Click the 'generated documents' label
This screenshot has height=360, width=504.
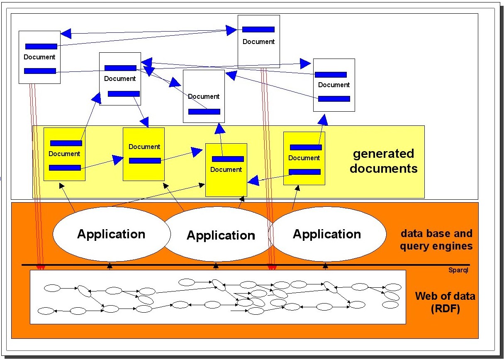tap(383, 161)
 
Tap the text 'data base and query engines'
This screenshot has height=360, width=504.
tap(436, 240)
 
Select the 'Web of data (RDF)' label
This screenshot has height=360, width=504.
tap(445, 303)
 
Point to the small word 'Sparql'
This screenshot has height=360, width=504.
tap(458, 270)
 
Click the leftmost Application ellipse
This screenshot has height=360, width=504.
tap(111, 234)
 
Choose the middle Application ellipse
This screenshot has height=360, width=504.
tap(221, 235)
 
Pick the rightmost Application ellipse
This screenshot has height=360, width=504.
tap(327, 234)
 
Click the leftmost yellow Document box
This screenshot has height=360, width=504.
tap(64, 154)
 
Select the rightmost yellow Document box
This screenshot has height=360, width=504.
tap(304, 158)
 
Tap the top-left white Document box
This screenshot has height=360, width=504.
tap(40, 57)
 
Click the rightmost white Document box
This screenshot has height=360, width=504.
tap(334, 85)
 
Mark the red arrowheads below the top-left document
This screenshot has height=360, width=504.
tap(41, 267)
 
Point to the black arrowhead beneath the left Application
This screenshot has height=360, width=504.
tap(110, 265)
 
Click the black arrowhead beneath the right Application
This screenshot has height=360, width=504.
tap(325, 265)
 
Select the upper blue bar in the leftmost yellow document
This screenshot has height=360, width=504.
tap(66, 143)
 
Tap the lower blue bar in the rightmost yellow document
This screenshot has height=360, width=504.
tap(304, 172)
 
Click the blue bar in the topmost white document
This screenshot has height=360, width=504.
tap(258, 29)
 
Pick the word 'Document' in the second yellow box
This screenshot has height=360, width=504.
tap(144, 147)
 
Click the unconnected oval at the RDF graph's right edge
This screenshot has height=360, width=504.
tap(390, 305)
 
